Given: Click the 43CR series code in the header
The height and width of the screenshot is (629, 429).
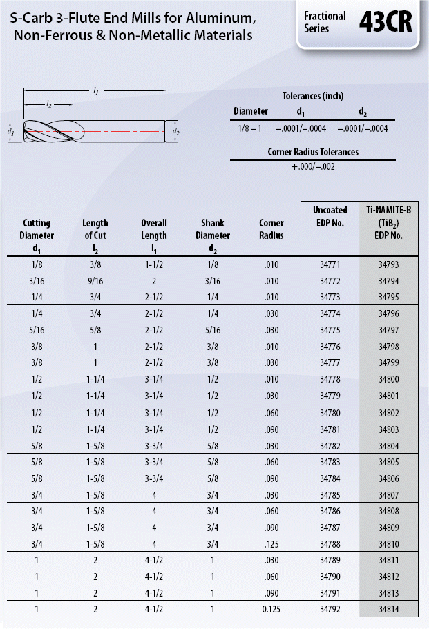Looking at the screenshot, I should click(385, 23).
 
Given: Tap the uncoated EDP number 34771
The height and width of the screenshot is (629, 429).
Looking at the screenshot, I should click(330, 264).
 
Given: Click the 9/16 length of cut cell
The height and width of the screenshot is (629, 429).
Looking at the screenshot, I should click(95, 280).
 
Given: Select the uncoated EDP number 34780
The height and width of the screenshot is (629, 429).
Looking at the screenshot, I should click(330, 412).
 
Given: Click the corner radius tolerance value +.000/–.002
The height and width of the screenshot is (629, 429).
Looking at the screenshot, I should click(313, 166).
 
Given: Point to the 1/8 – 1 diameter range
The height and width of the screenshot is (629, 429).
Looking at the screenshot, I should click(251, 128).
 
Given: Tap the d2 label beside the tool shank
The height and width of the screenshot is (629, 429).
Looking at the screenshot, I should click(176, 131).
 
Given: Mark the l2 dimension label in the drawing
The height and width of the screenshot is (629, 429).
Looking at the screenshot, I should click(48, 104).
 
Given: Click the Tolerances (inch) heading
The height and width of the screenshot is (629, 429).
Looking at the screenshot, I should click(313, 96).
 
